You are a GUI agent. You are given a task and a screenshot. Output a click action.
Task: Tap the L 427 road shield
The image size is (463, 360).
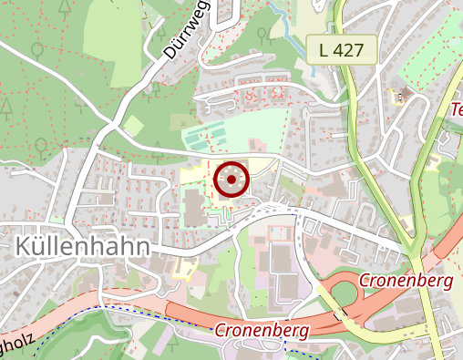pos(347,51)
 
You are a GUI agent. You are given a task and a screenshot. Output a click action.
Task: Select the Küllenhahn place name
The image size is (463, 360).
pos(82,246)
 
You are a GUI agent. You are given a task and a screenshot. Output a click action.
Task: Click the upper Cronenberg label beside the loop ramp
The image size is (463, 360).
pos(406,281)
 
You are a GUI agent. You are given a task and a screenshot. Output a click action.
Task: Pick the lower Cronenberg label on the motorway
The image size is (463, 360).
pos(262,329)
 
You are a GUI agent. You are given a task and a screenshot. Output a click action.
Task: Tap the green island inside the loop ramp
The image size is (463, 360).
pos(343,293)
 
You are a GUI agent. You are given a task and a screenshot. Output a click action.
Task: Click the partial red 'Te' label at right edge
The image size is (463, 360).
pos(456,110)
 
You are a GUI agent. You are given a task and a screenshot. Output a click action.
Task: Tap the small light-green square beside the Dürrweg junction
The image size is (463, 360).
pos(134,125)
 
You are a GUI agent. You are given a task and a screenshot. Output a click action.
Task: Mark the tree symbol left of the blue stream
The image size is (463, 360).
pos(262,36)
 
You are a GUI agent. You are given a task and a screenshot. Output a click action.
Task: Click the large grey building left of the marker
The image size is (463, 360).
pos(195,206)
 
